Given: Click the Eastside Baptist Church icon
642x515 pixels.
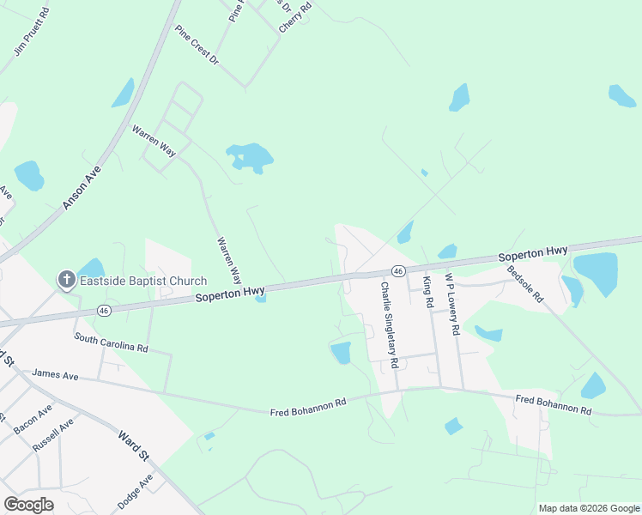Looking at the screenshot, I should [x=66, y=279].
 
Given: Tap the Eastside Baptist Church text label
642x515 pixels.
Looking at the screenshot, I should [x=143, y=281].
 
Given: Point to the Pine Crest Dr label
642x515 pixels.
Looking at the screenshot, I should [x=197, y=45].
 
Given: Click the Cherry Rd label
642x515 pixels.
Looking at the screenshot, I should [x=294, y=17].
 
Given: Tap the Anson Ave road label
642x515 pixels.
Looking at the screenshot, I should [x=82, y=182].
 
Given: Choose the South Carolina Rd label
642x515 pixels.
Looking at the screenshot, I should [x=111, y=343].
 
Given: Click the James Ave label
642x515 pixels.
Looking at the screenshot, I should [x=55, y=375].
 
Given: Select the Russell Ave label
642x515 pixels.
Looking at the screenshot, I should [x=53, y=436].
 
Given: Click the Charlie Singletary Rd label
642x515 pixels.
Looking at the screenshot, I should [x=390, y=325].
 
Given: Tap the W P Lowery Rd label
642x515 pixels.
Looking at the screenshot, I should [x=452, y=305].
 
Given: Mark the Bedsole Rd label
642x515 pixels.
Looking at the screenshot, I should [x=525, y=283].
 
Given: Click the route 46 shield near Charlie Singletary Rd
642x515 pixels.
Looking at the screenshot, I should [x=399, y=270].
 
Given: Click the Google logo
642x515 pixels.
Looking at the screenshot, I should [x=28, y=504].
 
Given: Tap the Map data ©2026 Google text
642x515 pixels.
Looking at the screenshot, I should [x=590, y=508].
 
